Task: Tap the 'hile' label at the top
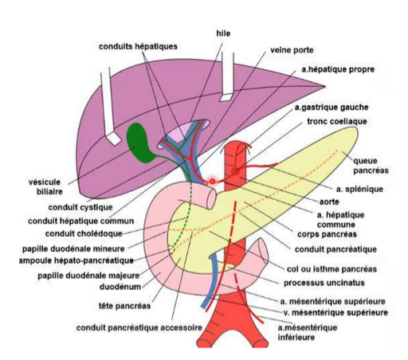coord(223,33)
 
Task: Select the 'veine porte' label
coord(291,49)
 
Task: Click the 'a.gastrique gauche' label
coord(331,107)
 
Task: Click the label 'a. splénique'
coord(360,190)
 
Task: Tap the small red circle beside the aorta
coord(212,182)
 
